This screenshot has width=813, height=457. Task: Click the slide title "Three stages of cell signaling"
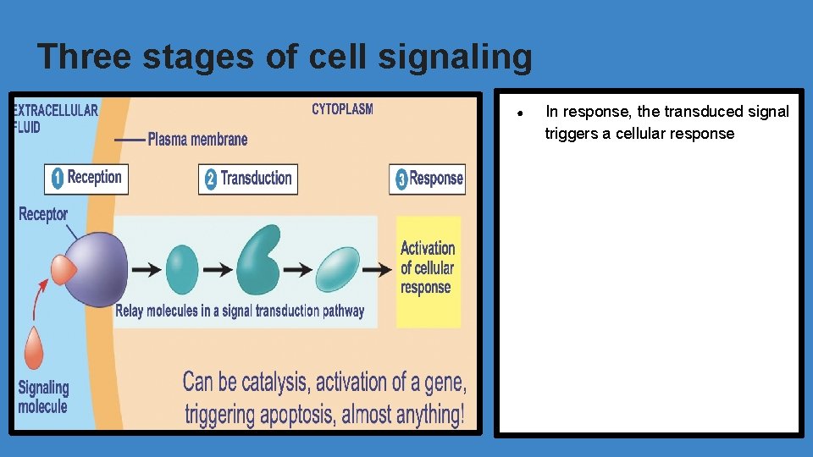pyautogui.click(x=285, y=57)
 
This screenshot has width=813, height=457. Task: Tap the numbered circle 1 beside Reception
pyautogui.click(x=57, y=178)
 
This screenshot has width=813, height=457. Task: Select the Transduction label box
pyautogui.click(x=248, y=179)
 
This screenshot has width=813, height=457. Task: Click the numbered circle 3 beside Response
pyautogui.click(x=401, y=179)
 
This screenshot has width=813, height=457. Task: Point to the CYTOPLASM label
pyautogui.click(x=342, y=109)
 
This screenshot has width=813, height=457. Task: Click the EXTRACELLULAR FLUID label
pyautogui.click(x=54, y=118)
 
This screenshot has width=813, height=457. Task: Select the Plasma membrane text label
pyautogui.click(x=197, y=139)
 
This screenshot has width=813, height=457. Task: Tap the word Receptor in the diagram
pyautogui.click(x=42, y=214)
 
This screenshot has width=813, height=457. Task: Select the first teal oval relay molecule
pyautogui.click(x=181, y=269)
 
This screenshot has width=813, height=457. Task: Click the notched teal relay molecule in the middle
pyautogui.click(x=257, y=264)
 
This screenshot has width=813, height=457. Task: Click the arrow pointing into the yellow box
pyautogui.click(x=378, y=269)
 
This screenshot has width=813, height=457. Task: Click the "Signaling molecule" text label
pyautogui.click(x=42, y=396)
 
